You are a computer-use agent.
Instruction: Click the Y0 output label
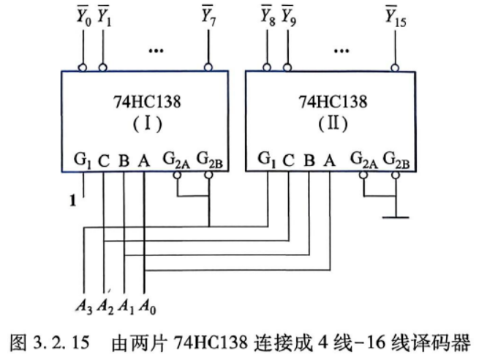(84, 16)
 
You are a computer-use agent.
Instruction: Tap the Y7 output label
(208, 15)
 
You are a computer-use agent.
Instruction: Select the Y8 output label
(268, 15)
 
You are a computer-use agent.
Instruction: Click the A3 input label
(84, 307)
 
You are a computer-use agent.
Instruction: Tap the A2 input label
(105, 307)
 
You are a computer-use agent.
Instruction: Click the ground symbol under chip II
(396, 217)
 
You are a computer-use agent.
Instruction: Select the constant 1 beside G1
(72, 200)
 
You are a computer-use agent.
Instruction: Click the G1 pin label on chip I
(83, 160)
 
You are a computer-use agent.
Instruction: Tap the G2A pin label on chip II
(363, 160)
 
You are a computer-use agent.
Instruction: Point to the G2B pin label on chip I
(210, 160)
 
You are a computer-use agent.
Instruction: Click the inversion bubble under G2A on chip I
(177, 175)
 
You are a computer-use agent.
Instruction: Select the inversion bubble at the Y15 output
(395, 67)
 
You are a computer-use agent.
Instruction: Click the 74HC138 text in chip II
(333, 102)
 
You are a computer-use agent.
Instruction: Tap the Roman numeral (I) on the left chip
(148, 124)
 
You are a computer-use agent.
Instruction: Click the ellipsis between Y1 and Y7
(156, 50)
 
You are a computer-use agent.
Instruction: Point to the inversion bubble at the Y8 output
(267, 67)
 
